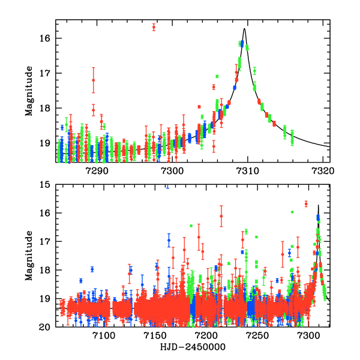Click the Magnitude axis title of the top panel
(x=28, y=91)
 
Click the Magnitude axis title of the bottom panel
(x=28, y=256)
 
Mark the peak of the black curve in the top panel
(x=245, y=29)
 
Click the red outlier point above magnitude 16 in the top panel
(x=154, y=27)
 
